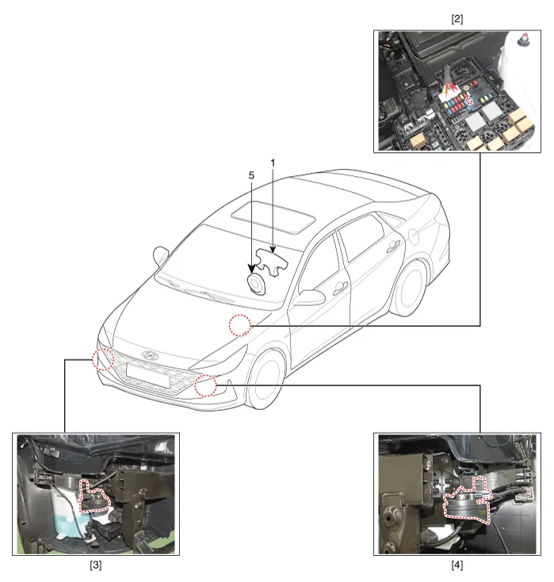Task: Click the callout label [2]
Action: point(457,19)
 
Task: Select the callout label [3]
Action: point(95,565)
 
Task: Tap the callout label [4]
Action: point(457,565)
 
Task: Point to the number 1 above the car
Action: point(273,163)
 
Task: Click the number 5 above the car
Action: point(251,175)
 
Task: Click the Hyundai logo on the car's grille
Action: point(150,355)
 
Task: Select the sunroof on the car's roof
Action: point(274,217)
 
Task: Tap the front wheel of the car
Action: point(266,380)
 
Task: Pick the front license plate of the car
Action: point(147,376)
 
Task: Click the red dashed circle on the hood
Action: point(240,325)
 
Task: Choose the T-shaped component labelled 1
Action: point(272,262)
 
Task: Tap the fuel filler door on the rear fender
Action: point(413,235)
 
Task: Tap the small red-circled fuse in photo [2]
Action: point(470,100)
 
